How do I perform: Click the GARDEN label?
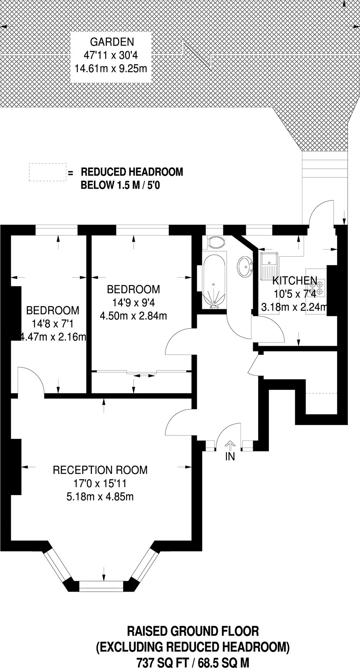(112, 42)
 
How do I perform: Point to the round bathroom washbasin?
(246, 266)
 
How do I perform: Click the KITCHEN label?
(295, 281)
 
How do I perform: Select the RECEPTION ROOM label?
(100, 470)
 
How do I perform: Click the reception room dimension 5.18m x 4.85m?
(100, 496)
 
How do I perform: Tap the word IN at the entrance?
(230, 457)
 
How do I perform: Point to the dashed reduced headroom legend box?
(48, 172)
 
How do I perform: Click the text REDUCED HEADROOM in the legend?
(132, 172)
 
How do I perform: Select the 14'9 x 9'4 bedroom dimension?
(134, 303)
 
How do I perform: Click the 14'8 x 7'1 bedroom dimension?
(53, 324)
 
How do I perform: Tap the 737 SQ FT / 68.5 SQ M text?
(193, 661)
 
